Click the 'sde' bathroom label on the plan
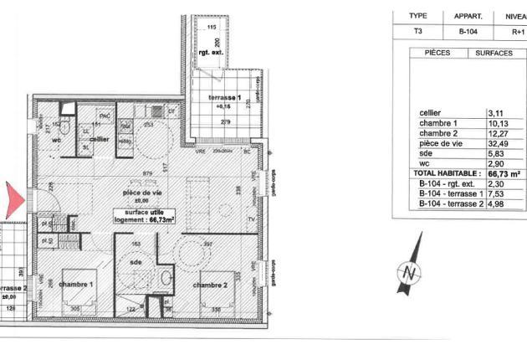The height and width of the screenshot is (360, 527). tap(136, 261)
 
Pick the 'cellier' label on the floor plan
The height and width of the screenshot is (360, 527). tap(99, 138)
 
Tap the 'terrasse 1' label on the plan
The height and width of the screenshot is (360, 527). tap(224, 98)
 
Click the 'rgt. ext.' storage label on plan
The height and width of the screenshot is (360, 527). tap(211, 52)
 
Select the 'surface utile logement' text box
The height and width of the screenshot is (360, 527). tap(144, 216)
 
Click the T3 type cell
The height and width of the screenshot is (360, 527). tap(418, 32)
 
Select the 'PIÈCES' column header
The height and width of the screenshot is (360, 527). tap(437, 52)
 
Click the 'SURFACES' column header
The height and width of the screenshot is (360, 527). tap(494, 52)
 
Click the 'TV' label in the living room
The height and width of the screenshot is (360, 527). tap(251, 219)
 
